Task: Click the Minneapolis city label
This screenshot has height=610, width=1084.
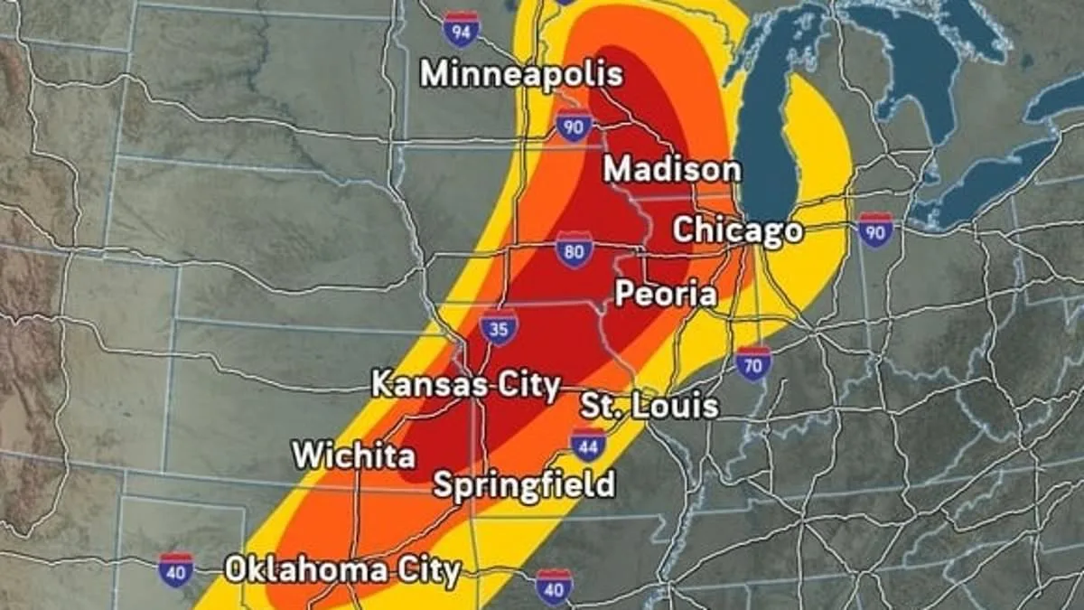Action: tap(521, 74)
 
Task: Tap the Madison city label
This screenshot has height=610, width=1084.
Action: tap(671, 169)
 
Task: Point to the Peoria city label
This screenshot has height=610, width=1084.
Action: tap(666, 294)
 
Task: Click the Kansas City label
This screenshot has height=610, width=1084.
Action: tap(465, 386)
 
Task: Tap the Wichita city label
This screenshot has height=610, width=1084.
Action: tap(353, 455)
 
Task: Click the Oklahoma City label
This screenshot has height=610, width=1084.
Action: tap(342, 570)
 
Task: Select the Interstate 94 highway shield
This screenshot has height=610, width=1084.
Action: tap(462, 30)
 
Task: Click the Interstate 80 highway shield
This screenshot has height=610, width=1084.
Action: tap(575, 250)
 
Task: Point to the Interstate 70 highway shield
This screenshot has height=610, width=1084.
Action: tap(752, 362)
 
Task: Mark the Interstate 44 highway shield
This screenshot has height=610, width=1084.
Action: tap(588, 445)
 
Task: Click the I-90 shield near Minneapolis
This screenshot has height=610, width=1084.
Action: tap(575, 125)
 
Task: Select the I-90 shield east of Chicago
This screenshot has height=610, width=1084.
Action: tap(875, 230)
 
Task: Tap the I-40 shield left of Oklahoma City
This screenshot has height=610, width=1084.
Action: tap(175, 570)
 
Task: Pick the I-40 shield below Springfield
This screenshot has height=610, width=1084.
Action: tap(554, 586)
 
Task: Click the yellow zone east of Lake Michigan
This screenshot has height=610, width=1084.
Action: tap(818, 154)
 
